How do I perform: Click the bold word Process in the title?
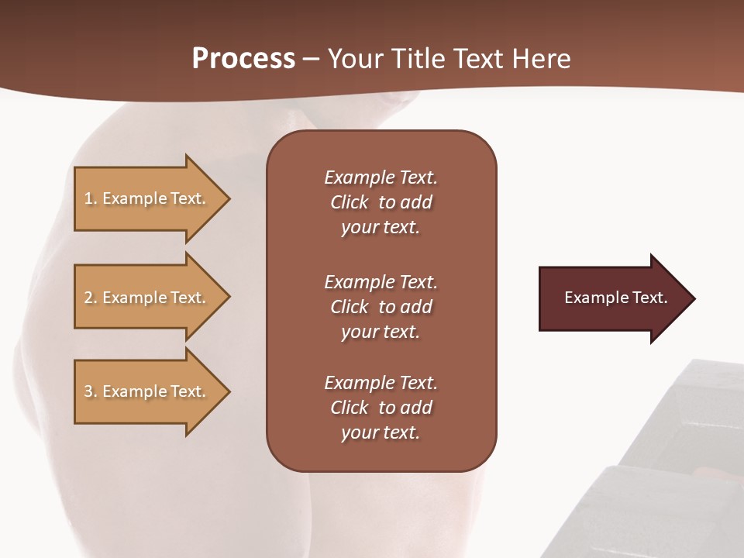pyautogui.click(x=243, y=59)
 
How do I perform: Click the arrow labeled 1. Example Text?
pyautogui.click(x=147, y=198)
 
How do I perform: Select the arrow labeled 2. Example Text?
pyautogui.click(x=147, y=298)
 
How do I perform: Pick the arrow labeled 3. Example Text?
pyautogui.click(x=147, y=391)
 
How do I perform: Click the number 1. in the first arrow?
pyautogui.click(x=91, y=198)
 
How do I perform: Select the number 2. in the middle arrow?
pyautogui.click(x=91, y=298)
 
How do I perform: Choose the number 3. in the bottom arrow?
pyautogui.click(x=91, y=391)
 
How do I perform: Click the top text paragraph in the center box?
pyautogui.click(x=381, y=202)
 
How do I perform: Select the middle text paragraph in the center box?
pyautogui.click(x=381, y=307)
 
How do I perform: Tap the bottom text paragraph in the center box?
pyautogui.click(x=381, y=408)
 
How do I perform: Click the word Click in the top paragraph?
pyautogui.click(x=349, y=202)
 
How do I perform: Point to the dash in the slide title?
pyautogui.click(x=311, y=60)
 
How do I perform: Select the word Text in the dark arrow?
pyautogui.click(x=649, y=298)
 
